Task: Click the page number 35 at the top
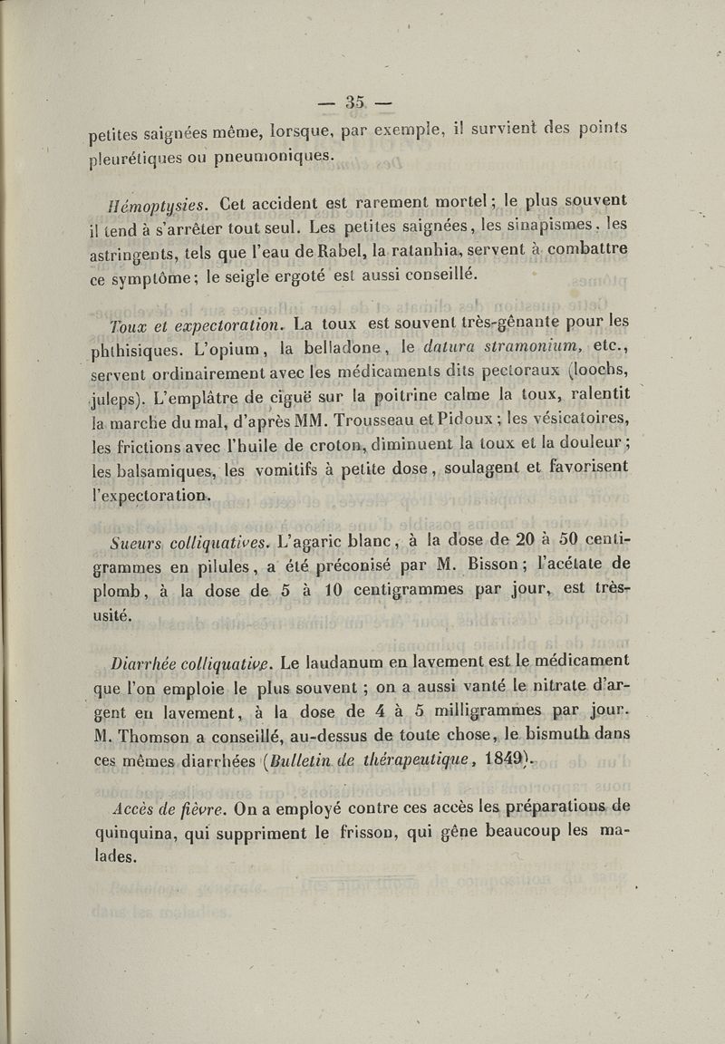pyautogui.click(x=354, y=101)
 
